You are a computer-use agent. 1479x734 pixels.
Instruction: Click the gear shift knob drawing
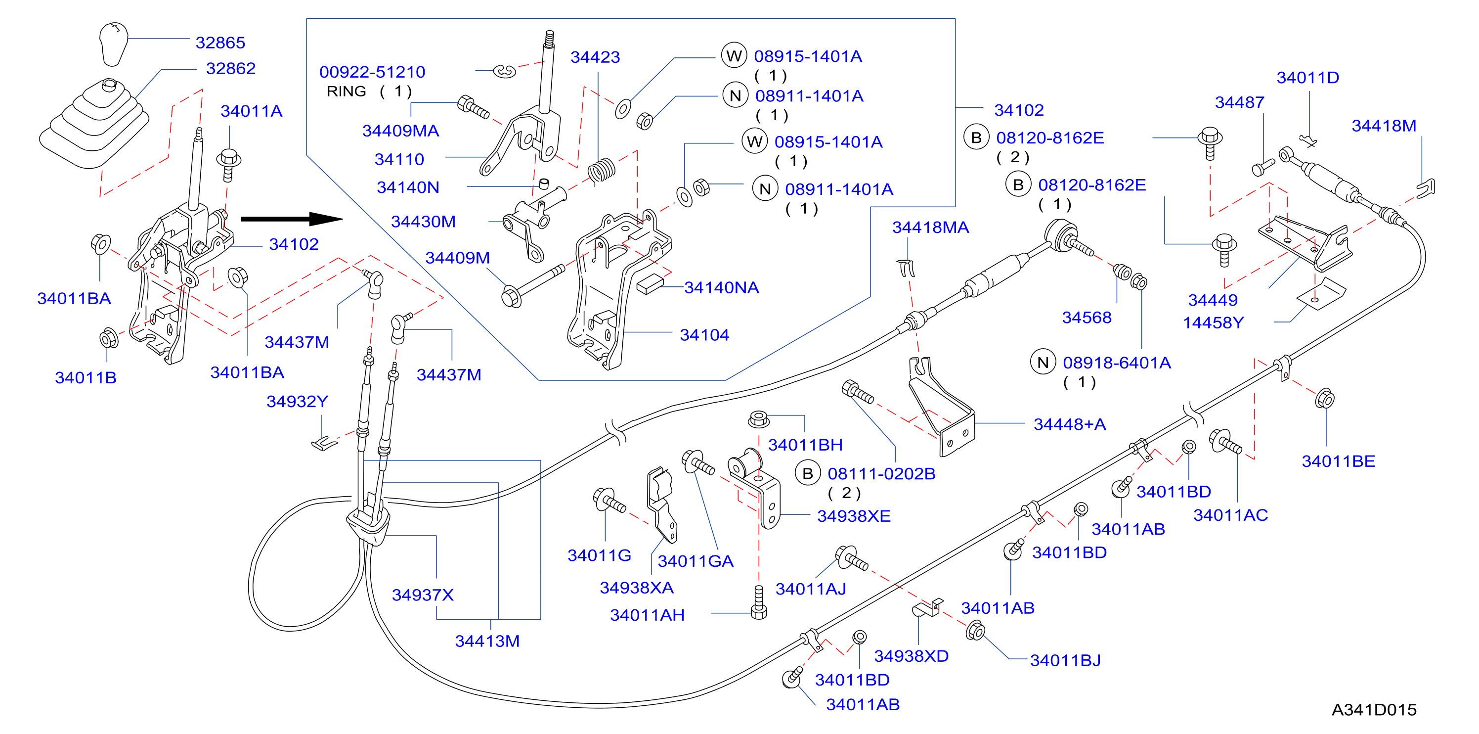(x=113, y=44)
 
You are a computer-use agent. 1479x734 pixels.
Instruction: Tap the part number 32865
(x=220, y=43)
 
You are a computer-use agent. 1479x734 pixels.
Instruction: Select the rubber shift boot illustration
(x=95, y=124)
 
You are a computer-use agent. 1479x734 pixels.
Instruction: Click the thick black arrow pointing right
(x=292, y=219)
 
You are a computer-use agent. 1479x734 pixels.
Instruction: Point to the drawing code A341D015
(x=1374, y=710)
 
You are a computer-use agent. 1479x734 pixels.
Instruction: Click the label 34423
(x=595, y=57)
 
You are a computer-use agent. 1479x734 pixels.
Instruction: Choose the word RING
(x=346, y=92)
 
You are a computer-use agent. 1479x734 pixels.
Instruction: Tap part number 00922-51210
(x=372, y=72)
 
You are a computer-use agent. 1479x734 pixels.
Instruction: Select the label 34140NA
(x=722, y=287)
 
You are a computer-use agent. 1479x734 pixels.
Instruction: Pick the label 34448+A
(x=1070, y=424)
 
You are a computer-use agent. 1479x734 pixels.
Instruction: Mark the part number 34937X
(x=423, y=595)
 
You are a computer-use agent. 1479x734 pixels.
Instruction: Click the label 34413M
(x=487, y=641)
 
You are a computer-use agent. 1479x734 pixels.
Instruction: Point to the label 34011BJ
(x=1066, y=660)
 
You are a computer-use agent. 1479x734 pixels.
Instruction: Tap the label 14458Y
(x=1213, y=323)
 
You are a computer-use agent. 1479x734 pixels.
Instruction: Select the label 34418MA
(x=931, y=228)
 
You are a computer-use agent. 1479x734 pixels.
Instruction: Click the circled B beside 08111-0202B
(x=808, y=473)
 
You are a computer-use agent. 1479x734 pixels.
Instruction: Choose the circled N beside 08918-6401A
(x=1043, y=363)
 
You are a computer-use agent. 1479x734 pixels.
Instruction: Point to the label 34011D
(x=1308, y=78)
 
